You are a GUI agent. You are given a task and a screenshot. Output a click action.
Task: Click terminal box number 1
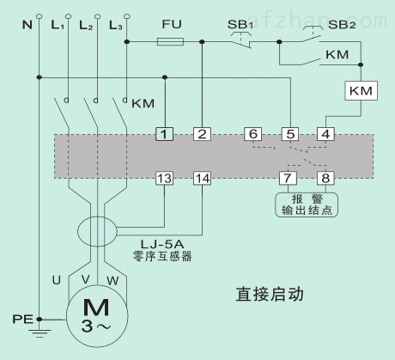pyautogui.click(x=164, y=134)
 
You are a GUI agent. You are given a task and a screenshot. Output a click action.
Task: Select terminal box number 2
pyautogui.click(x=202, y=134)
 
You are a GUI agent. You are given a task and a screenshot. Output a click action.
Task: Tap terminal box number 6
pyautogui.click(x=252, y=134)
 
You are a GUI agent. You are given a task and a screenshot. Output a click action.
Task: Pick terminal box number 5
pyautogui.click(x=289, y=134)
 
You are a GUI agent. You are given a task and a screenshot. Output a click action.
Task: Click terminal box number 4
pyautogui.click(x=325, y=134)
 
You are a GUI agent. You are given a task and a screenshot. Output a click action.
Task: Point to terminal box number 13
pyautogui.click(x=164, y=178)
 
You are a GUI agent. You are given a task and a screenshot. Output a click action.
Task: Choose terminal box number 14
pyautogui.click(x=202, y=178)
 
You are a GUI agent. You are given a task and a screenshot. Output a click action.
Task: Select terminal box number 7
pyautogui.click(x=289, y=178)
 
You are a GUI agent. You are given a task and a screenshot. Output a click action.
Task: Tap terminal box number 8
pyautogui.click(x=325, y=178)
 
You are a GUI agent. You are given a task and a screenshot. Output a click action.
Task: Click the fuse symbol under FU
pyautogui.click(x=171, y=40)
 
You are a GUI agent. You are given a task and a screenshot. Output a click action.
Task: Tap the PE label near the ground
pyautogui.click(x=21, y=319)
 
